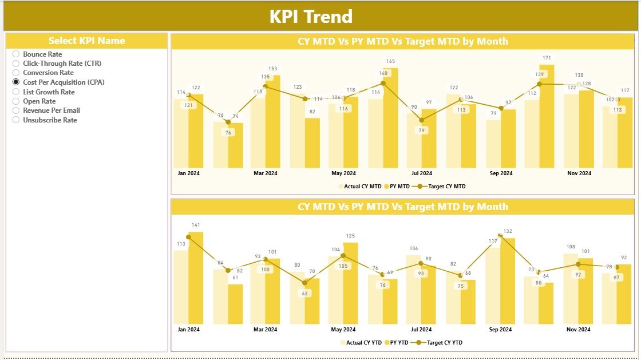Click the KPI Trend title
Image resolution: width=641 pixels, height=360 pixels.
(x=311, y=17)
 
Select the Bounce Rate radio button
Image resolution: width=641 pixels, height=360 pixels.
(x=16, y=54)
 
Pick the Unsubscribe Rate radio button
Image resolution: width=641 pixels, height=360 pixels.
(x=16, y=120)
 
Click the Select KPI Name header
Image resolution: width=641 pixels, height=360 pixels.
(x=86, y=41)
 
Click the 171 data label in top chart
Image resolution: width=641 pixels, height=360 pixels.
(x=547, y=58)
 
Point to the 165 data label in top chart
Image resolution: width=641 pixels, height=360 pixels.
(x=390, y=61)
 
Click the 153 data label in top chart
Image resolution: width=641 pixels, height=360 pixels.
(x=272, y=69)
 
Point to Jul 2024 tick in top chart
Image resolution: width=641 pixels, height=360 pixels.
(x=422, y=173)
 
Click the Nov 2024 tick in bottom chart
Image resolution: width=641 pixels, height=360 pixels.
(x=578, y=330)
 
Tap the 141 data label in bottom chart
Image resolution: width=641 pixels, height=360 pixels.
(x=196, y=225)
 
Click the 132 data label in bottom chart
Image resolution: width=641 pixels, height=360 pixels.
(x=508, y=231)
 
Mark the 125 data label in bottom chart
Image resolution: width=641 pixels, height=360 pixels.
(x=351, y=236)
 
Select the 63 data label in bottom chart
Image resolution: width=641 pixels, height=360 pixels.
(x=304, y=294)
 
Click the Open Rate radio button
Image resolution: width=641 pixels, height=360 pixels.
(x=16, y=101)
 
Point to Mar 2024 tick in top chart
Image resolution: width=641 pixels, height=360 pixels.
(x=265, y=173)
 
